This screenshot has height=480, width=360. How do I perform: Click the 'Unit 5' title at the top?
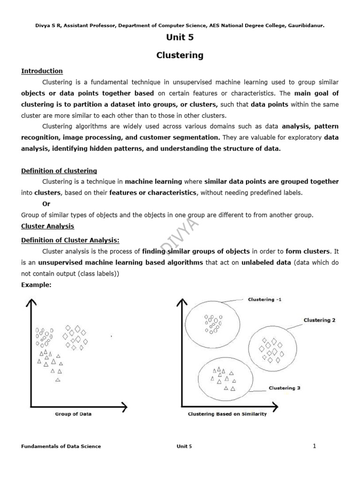coord(180,37)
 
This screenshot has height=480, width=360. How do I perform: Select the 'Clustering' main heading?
coord(180,55)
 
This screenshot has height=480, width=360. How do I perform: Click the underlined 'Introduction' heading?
coord(42,71)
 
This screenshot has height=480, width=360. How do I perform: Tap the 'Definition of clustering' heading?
coord(59,171)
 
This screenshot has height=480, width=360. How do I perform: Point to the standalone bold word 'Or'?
coord(46,204)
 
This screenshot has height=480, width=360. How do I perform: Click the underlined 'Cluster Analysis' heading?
coord(47,226)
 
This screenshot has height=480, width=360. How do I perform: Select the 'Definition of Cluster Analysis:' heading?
coord(70,240)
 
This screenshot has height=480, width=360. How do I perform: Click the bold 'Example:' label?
coord(36,285)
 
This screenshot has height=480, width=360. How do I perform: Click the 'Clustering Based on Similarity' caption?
coord(227,414)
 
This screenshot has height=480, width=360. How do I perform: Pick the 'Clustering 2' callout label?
coord(319,320)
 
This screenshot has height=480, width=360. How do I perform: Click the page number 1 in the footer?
coord(315,446)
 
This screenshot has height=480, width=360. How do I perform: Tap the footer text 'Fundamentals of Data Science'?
coord(61,446)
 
